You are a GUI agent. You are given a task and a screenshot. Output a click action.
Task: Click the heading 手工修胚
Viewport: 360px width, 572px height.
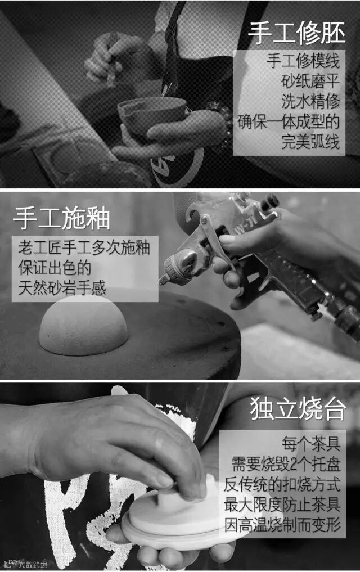(296, 33)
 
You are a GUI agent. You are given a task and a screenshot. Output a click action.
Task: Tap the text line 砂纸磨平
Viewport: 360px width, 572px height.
(310, 81)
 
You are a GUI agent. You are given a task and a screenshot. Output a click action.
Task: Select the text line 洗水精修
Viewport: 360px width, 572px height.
(310, 101)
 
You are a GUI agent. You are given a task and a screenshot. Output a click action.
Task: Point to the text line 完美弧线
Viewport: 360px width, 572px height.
(310, 141)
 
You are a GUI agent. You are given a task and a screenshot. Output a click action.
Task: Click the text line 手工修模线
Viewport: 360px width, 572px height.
(303, 61)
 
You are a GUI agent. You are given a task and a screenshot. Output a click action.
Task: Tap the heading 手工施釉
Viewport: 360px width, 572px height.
(62, 218)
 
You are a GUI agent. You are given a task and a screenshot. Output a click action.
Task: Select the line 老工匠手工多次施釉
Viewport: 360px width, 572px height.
(84, 247)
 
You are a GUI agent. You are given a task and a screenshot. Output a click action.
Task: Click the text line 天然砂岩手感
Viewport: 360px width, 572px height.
(62, 287)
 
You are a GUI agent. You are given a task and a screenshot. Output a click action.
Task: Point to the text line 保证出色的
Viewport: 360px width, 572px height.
(55, 267)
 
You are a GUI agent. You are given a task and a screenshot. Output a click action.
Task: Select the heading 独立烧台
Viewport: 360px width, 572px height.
(297, 408)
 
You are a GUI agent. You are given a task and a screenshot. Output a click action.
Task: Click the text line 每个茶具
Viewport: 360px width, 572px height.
(311, 444)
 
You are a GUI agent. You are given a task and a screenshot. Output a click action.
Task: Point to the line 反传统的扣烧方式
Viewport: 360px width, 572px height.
(282, 484)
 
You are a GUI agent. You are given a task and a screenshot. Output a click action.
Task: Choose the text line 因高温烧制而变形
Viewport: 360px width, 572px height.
(282, 525)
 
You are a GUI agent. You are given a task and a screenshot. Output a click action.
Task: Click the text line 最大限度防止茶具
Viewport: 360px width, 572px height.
(282, 504)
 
